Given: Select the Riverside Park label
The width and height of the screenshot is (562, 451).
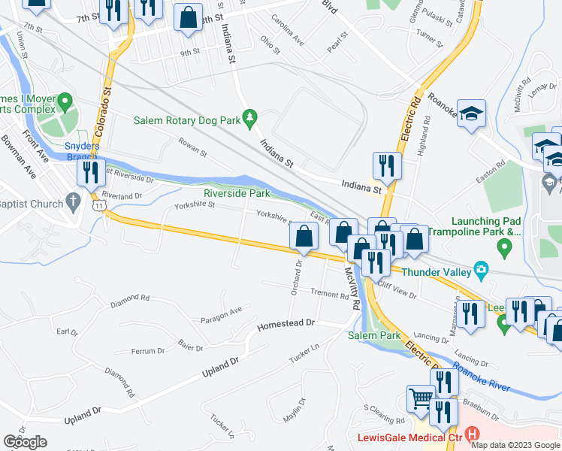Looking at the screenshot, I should (x=237, y=193).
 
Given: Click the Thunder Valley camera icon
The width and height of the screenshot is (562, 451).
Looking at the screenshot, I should (x=482, y=271).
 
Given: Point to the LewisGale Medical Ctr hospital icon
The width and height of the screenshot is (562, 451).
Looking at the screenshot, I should (x=472, y=434).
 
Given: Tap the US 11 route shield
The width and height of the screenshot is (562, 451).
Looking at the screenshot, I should (x=98, y=204).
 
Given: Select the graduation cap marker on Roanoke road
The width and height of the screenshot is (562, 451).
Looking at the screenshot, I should (x=471, y=114).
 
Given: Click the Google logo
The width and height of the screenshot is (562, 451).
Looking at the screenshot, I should (x=26, y=442).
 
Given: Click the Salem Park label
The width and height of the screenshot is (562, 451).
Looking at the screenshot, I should (x=374, y=335).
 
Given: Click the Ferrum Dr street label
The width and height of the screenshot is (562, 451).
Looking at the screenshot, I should (x=148, y=351).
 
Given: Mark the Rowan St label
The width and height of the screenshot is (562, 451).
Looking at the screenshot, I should (x=192, y=150).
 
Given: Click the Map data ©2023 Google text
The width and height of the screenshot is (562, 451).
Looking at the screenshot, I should (x=515, y=444).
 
